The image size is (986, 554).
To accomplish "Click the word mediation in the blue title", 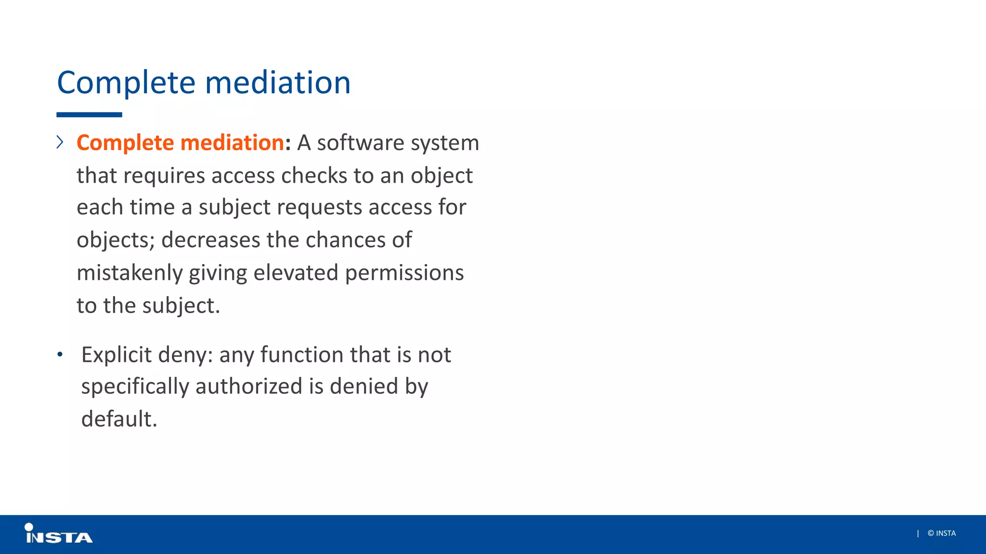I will point(278,83).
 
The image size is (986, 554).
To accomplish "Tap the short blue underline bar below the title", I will point(89,115).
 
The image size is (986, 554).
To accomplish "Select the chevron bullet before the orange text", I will point(60,142).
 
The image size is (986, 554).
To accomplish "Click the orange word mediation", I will point(232,143).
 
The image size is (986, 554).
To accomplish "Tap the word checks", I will point(314,176).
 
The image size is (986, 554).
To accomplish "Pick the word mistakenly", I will point(130,273).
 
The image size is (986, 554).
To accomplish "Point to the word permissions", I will point(404,273).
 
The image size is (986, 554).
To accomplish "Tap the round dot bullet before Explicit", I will point(60,355).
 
